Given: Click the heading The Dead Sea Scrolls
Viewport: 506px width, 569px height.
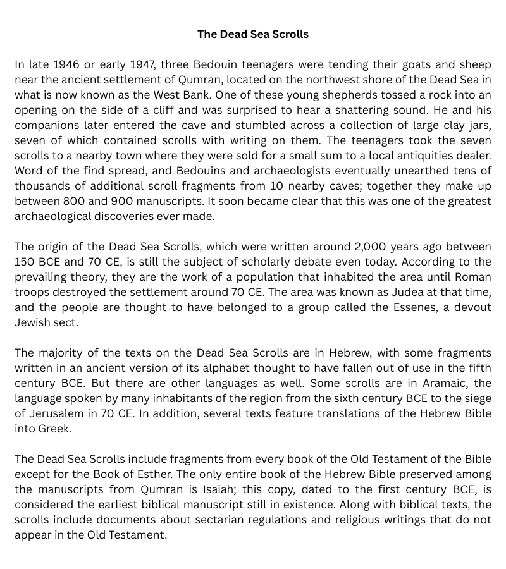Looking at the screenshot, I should [253, 34].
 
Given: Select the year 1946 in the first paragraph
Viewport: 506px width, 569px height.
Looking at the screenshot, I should [66, 64].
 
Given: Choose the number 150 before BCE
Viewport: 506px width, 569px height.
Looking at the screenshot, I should [26, 262].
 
